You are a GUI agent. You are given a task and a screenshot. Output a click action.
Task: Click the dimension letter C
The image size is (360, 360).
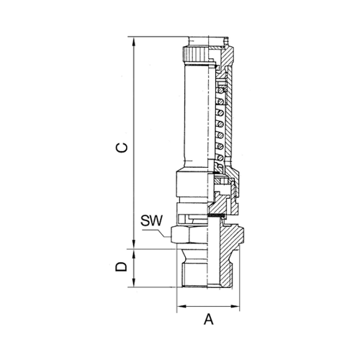[x=122, y=148]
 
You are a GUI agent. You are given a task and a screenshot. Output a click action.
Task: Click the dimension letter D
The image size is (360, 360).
[x=121, y=266]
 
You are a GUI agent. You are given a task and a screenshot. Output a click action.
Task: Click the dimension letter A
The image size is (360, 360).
[x=209, y=320]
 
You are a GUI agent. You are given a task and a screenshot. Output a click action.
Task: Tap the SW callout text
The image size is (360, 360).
[x=152, y=220]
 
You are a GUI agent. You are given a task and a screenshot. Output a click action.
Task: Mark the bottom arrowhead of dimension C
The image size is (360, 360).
[x=134, y=244]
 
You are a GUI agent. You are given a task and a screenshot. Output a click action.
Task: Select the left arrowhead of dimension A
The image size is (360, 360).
[x=181, y=306]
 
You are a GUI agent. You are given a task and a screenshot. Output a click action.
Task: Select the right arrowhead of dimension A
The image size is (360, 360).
[x=235, y=306]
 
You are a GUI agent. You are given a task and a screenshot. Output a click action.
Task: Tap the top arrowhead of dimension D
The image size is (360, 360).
[x=134, y=254]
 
